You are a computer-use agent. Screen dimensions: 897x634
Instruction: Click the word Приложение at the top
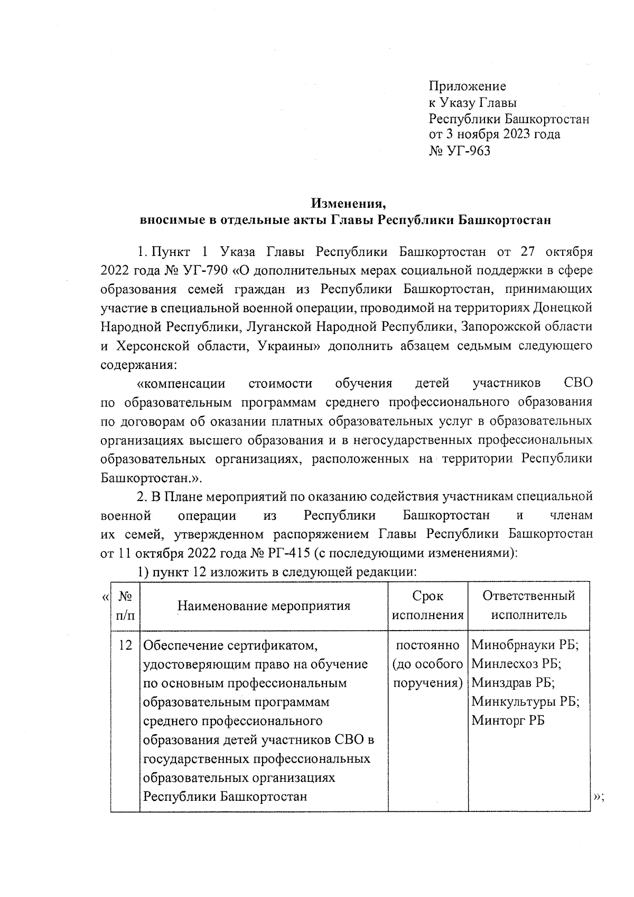click(467, 86)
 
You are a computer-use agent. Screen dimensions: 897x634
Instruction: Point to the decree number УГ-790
click(204, 271)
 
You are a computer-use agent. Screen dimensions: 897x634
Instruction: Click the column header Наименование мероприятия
click(264, 606)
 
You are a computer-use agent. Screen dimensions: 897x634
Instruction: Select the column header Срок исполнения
click(428, 606)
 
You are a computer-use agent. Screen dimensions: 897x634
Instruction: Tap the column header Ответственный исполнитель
click(528, 606)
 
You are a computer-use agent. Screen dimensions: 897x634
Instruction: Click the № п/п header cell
click(125, 606)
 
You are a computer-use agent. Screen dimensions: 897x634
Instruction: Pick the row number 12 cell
click(125, 645)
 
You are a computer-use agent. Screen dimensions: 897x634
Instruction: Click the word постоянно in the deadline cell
click(428, 645)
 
